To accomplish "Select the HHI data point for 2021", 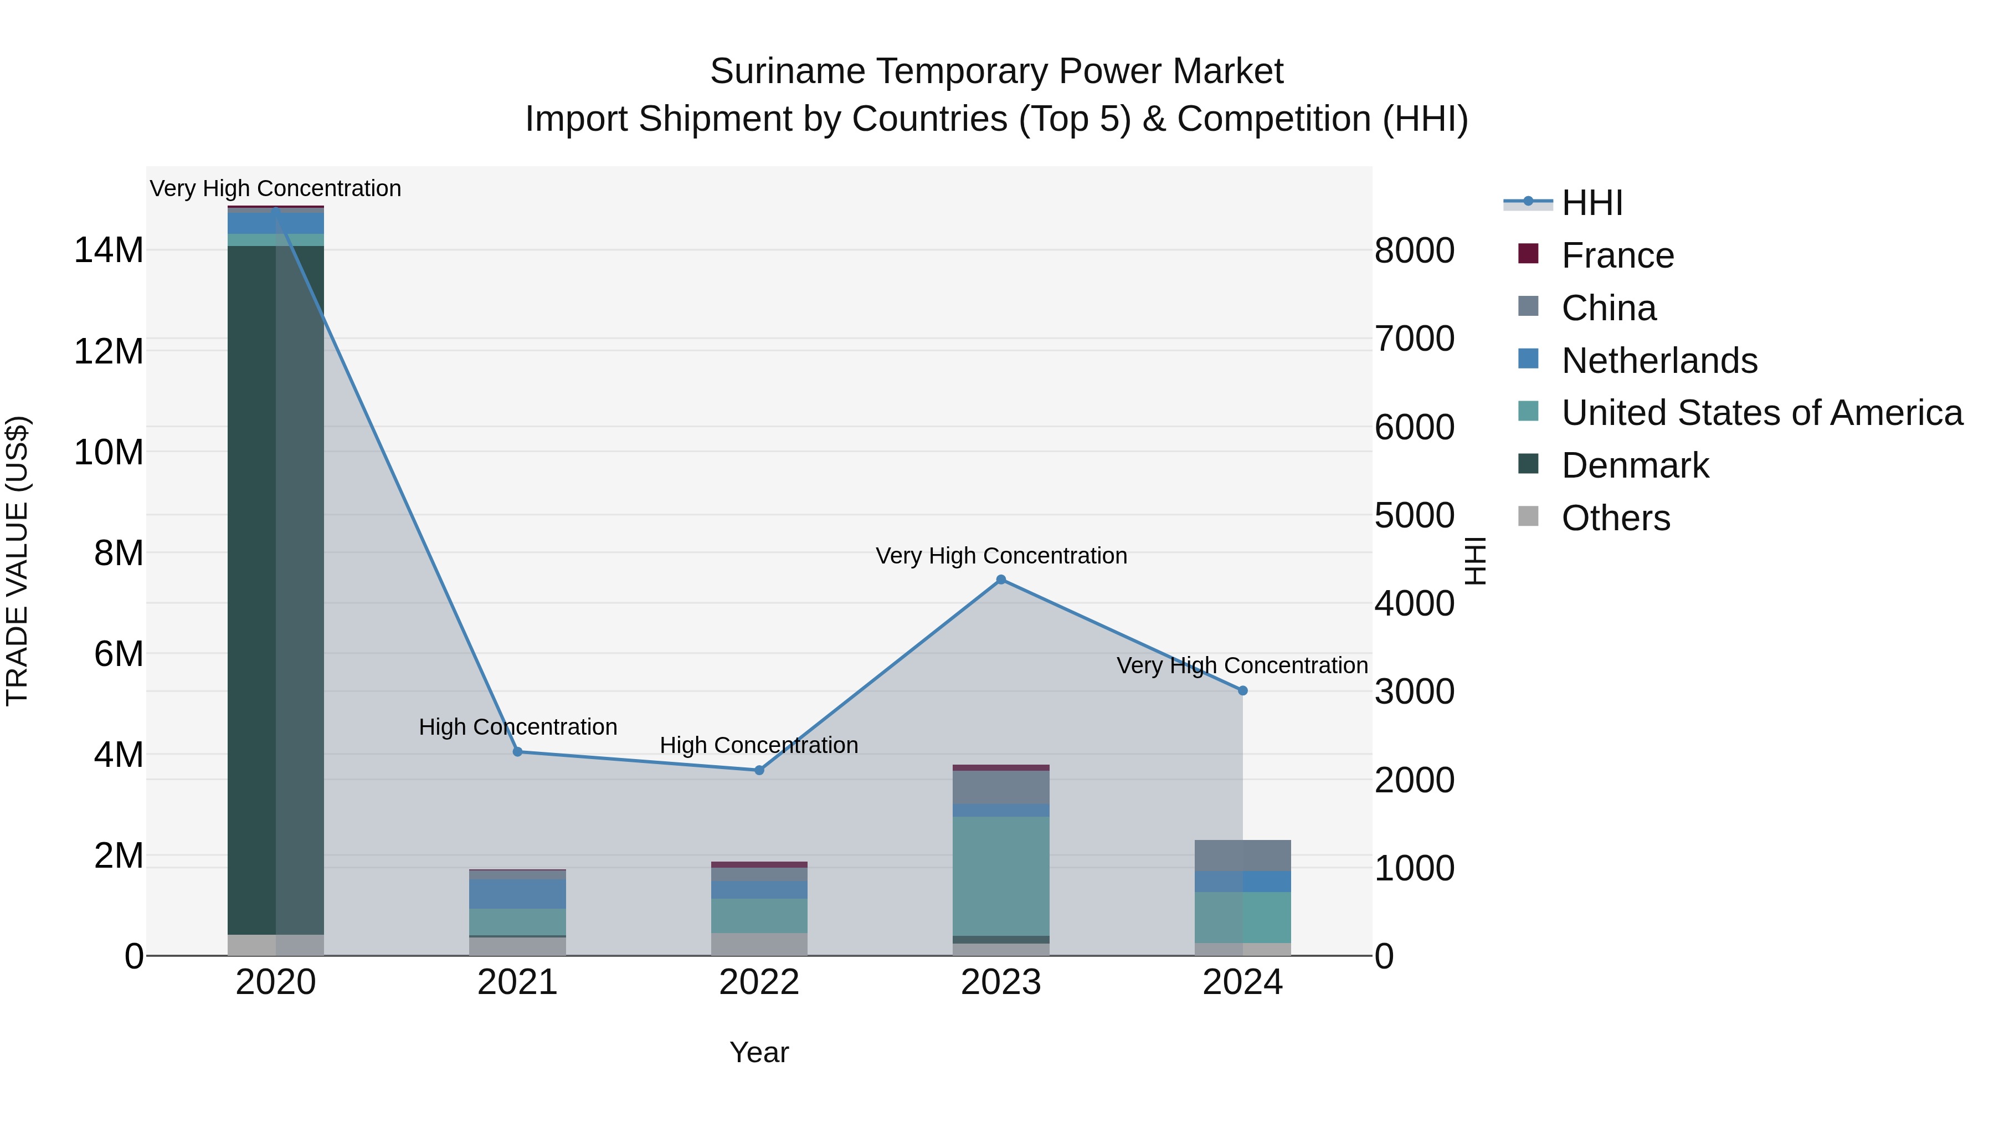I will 518,751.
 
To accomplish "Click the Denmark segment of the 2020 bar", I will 276,588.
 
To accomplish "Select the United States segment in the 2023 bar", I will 1001,875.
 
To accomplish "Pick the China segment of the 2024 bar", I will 1242,855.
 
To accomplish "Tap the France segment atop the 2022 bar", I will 759,864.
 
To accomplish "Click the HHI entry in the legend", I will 1591,203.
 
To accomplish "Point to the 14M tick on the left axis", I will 109,250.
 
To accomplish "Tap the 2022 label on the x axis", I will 759,982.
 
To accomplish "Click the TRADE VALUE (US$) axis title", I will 17,561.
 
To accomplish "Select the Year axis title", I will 759,1052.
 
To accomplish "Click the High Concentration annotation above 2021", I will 518,727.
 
